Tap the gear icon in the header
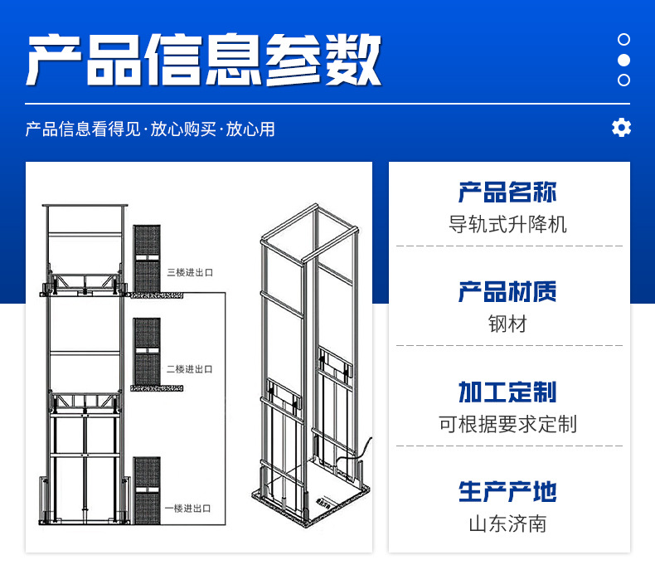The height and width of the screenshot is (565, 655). click(x=621, y=128)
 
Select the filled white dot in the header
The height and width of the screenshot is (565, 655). click(x=624, y=60)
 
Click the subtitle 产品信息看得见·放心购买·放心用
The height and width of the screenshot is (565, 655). click(x=150, y=129)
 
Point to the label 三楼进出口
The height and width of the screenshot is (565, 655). click(x=189, y=271)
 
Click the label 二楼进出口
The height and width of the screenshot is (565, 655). click(x=189, y=368)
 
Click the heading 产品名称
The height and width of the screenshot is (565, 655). click(x=507, y=192)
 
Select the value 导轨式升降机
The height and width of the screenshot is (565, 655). click(x=507, y=224)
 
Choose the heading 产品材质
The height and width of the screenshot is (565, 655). click(x=507, y=292)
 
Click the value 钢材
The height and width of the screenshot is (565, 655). click(x=507, y=324)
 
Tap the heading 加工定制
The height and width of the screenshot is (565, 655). click(x=507, y=392)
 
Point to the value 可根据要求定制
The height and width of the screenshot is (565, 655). click(x=507, y=424)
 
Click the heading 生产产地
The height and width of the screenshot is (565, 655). click(x=507, y=491)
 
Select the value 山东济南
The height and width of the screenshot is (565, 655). click(x=507, y=524)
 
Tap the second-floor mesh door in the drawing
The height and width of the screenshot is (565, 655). click(x=147, y=352)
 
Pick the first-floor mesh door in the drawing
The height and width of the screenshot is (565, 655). click(x=147, y=490)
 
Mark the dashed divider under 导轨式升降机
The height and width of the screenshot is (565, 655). click(x=507, y=246)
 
